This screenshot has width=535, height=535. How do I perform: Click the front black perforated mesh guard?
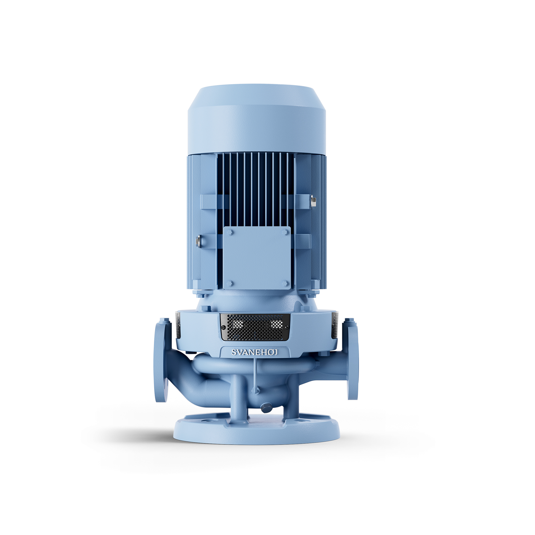pos(255,327)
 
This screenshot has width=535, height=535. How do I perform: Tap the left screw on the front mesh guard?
pos(223,328)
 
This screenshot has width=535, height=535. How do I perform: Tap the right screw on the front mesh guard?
pos(287,328)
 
